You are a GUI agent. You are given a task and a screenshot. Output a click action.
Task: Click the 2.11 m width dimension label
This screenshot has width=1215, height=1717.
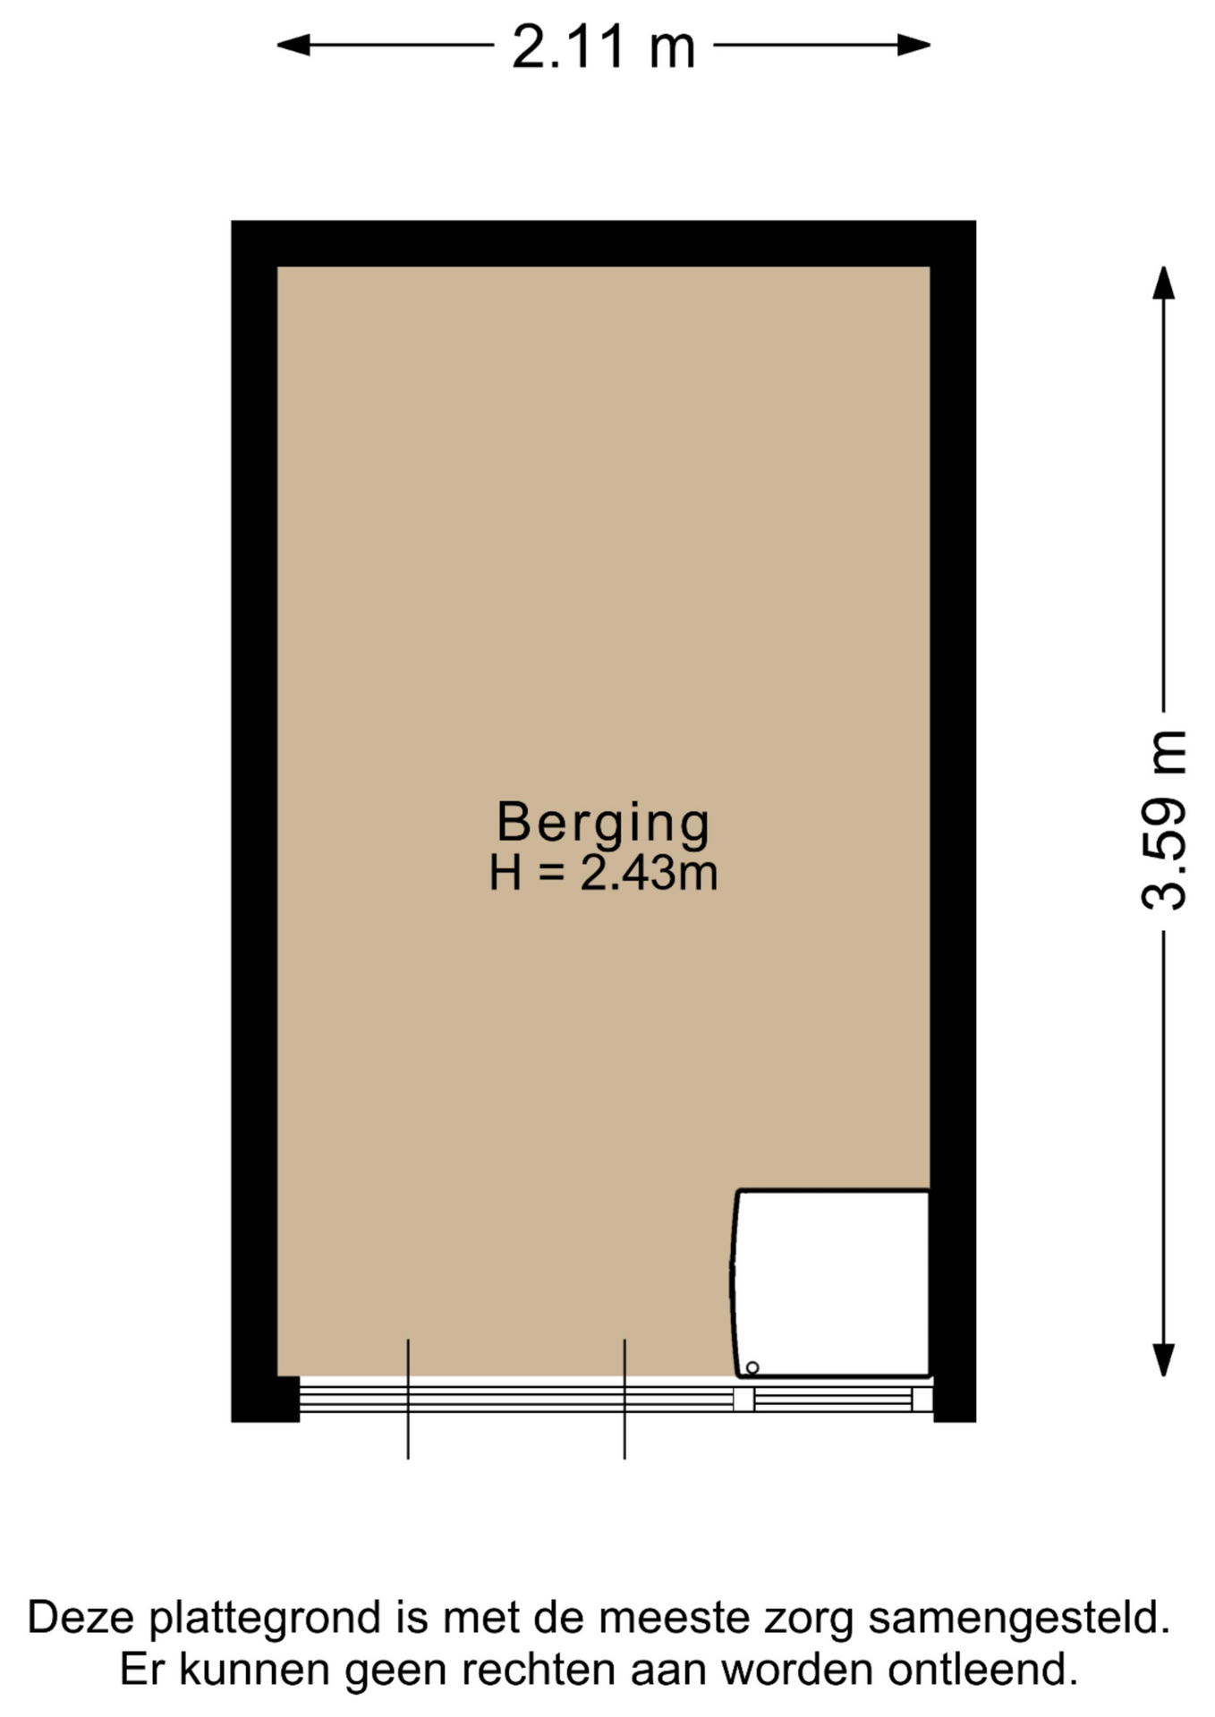coord(603,47)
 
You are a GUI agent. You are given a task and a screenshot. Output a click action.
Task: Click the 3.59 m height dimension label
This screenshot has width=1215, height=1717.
coord(1164,820)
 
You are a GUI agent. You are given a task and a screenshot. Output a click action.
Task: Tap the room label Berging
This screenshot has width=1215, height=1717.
coord(603,822)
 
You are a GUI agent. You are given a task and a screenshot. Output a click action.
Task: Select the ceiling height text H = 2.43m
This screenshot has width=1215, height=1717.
coord(603,873)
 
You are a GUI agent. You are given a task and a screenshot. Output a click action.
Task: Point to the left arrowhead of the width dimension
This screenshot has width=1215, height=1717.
coord(293,45)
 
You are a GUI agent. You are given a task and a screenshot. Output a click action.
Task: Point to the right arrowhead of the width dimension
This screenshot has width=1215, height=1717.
coord(914,45)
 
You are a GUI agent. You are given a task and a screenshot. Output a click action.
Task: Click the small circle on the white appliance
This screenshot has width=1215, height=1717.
coord(752,1367)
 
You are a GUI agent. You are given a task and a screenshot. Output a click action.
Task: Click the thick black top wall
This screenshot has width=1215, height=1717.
coord(603,243)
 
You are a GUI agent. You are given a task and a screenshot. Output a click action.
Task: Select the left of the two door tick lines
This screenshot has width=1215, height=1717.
coord(408,1399)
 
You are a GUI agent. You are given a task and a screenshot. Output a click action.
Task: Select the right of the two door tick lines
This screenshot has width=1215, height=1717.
coord(624,1399)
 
